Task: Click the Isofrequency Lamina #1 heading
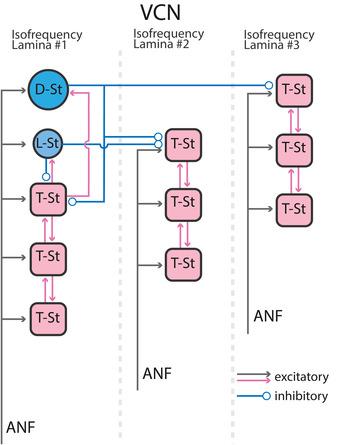(47, 42)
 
